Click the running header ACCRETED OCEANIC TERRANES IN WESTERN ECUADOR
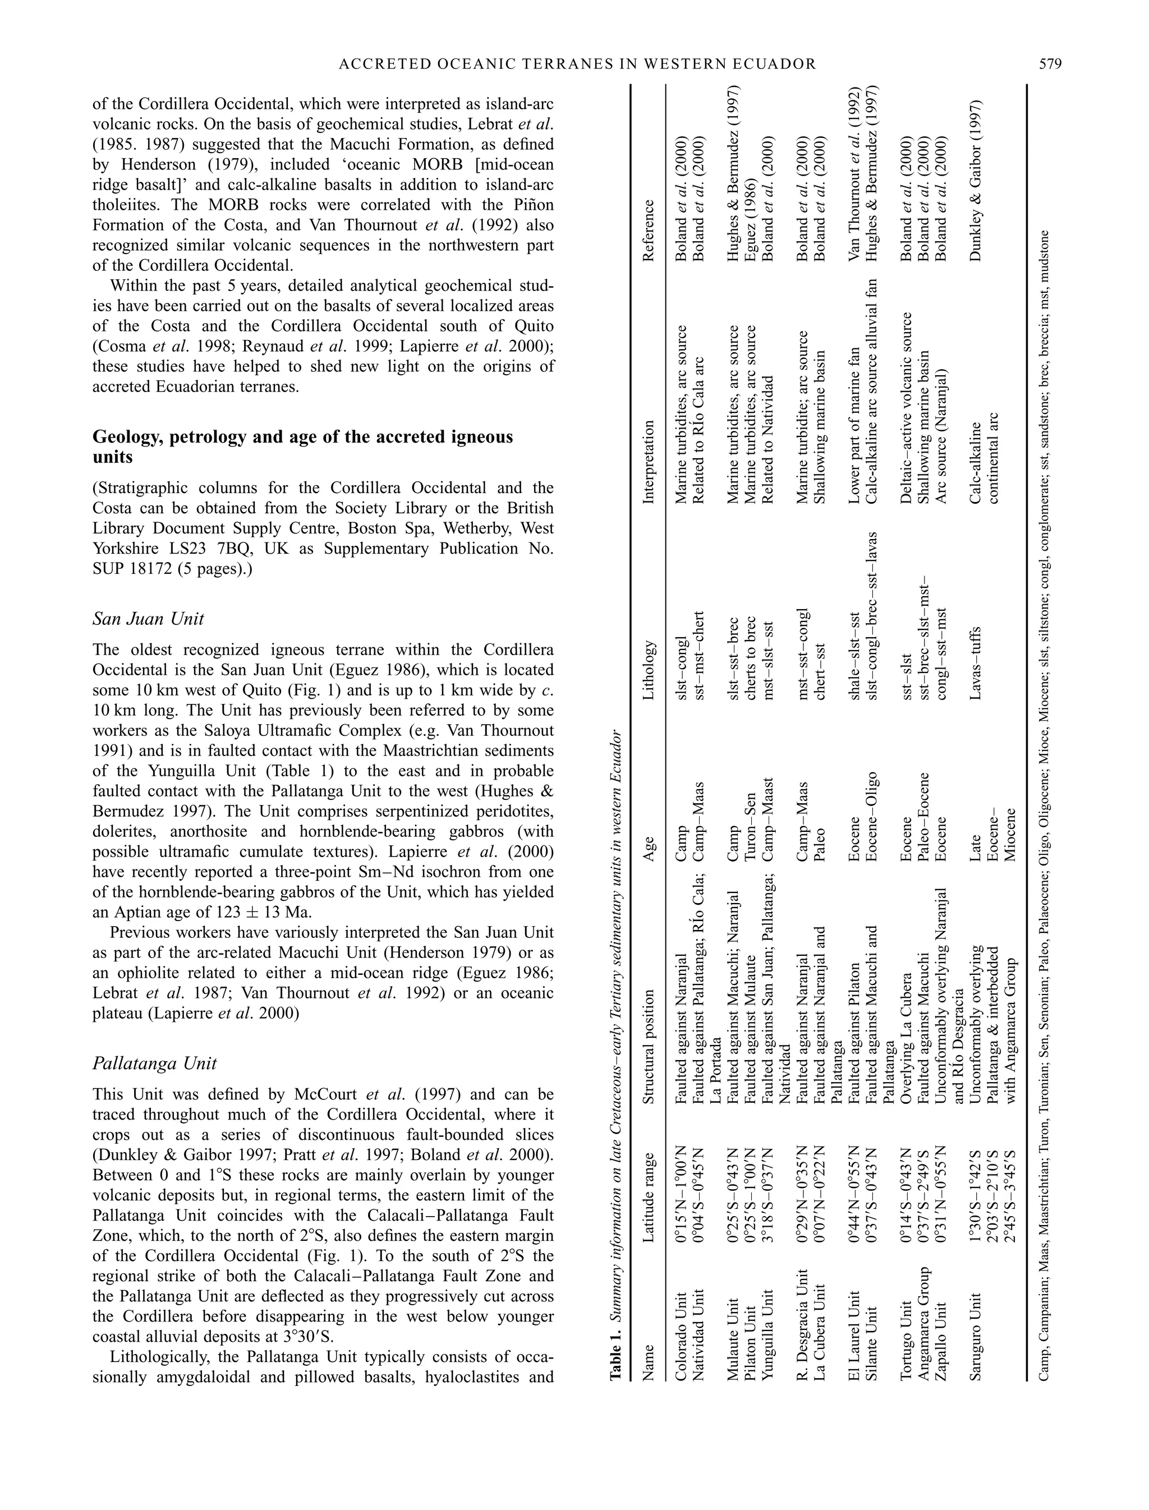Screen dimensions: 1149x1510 tap(578, 65)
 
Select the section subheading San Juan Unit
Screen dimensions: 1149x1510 tap(148, 619)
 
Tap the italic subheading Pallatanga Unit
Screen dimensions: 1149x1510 tap(155, 1064)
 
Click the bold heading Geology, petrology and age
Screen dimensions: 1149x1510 tap(302, 446)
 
